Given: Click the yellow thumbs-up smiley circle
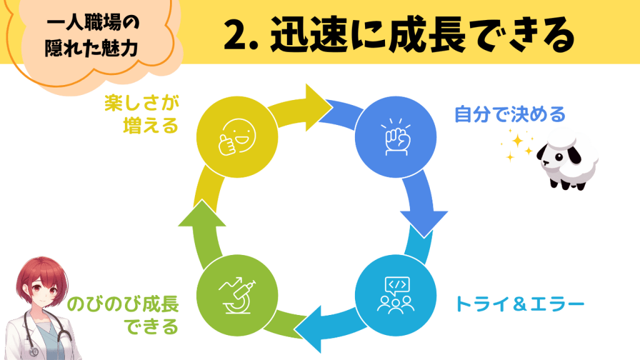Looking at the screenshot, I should [x=236, y=137].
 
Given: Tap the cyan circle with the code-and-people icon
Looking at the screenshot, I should [x=394, y=294].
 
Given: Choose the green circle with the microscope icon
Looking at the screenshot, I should [x=236, y=294].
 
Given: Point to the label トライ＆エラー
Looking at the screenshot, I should [x=519, y=304].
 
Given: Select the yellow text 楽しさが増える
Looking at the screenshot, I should [x=142, y=114].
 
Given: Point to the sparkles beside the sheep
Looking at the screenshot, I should [x=516, y=146].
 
